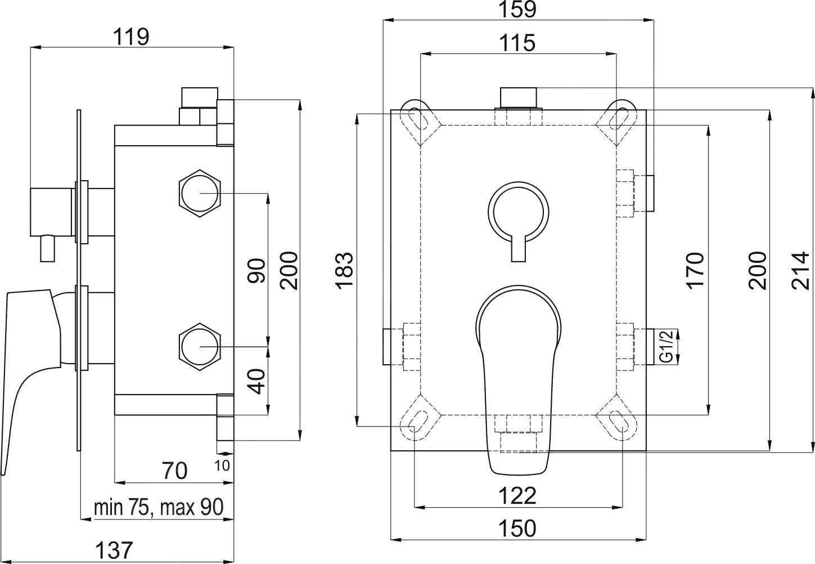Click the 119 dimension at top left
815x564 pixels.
(132, 37)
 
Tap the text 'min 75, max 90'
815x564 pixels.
(158, 508)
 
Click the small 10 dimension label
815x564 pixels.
(222, 465)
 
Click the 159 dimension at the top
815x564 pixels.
(517, 10)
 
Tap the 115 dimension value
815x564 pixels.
(517, 43)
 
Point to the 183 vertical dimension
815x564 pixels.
(344, 270)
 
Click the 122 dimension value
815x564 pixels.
(517, 495)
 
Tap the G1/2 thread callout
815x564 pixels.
(667, 347)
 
